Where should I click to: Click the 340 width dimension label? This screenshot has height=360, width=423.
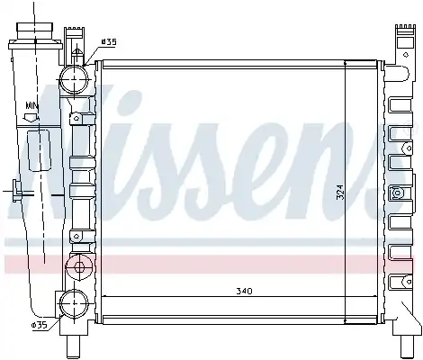(x=244, y=291)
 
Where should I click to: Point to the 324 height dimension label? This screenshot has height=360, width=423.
(x=340, y=192)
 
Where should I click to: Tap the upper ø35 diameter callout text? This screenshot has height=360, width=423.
(x=109, y=42)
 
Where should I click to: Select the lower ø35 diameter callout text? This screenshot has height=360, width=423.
(x=40, y=325)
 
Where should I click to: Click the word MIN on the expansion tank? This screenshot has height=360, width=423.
(x=31, y=105)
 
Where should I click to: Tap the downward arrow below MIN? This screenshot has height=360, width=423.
(x=31, y=117)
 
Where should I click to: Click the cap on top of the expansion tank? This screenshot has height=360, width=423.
(x=35, y=31)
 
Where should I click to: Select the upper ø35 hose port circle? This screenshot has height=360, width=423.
(x=74, y=79)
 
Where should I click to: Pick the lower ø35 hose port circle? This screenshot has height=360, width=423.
(x=74, y=303)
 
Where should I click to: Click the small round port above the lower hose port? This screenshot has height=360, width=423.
(x=79, y=266)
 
